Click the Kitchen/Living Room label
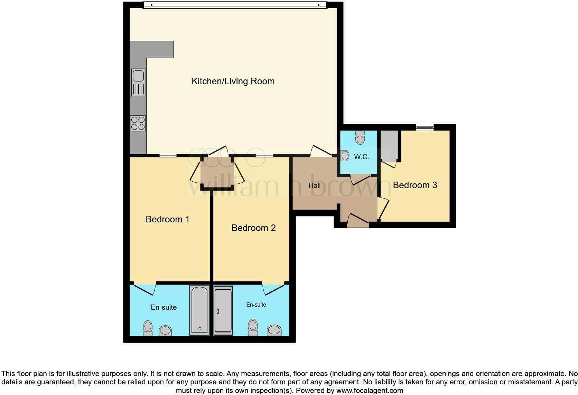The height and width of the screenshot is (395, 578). (x=233, y=81)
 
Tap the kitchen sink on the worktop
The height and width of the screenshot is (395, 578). (x=138, y=82)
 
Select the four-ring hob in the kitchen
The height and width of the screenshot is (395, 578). (x=138, y=123)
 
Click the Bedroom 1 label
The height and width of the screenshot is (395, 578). (x=167, y=219)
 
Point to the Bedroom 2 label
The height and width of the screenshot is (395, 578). (x=253, y=228)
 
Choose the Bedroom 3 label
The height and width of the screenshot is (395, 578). (x=415, y=185)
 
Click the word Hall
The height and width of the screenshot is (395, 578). (x=314, y=185)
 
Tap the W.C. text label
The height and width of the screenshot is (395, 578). (x=361, y=157)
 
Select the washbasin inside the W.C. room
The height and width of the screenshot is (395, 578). (x=344, y=156)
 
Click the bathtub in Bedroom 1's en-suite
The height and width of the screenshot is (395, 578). (x=199, y=310)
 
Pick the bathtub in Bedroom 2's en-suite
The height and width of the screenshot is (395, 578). (x=223, y=311)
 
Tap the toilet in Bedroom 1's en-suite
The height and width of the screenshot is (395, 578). (x=148, y=328)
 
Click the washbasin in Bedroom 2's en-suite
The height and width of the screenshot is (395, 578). (x=274, y=330)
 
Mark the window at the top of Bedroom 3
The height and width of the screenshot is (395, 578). (x=425, y=127)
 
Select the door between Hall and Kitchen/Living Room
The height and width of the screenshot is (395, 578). (x=321, y=152)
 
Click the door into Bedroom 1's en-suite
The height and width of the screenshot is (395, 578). (x=144, y=289)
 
